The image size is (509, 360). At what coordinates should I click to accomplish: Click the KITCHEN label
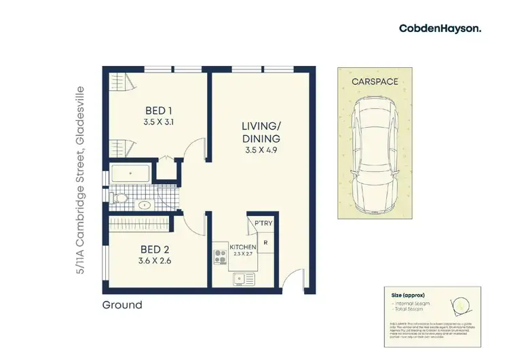pyautogui.click(x=242, y=247)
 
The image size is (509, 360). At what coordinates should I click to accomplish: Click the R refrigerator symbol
pyautogui.click(x=265, y=242)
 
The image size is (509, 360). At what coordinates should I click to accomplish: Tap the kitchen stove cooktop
pyautogui.click(x=221, y=257)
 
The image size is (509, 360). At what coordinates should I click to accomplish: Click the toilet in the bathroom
pyautogui.click(x=119, y=198)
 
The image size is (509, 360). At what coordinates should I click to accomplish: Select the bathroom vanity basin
pyautogui.click(x=144, y=204)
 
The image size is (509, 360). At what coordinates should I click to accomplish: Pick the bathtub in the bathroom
pyautogui.click(x=132, y=175)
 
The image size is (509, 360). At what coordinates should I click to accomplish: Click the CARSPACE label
pyautogui.click(x=375, y=82)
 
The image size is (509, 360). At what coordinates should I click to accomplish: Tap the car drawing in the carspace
pyautogui.click(x=375, y=154)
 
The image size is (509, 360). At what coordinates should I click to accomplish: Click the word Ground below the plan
pyautogui.click(x=122, y=305)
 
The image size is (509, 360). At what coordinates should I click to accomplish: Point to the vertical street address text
pyautogui.click(x=81, y=179)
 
